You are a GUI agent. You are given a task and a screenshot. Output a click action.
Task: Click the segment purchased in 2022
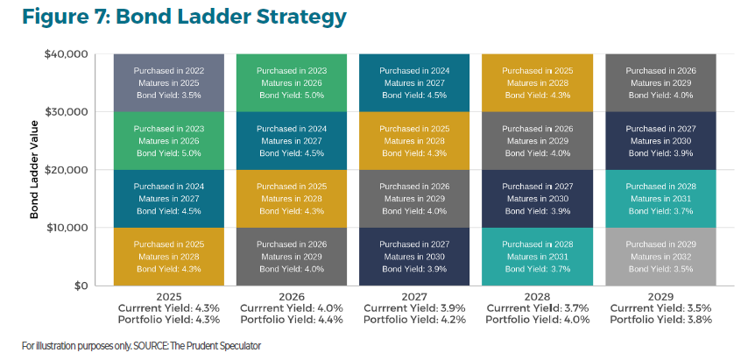[x=168, y=82]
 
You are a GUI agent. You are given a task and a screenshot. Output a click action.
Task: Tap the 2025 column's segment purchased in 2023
[x=168, y=140]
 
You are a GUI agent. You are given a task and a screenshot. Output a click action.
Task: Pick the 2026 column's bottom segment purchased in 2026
[x=291, y=257]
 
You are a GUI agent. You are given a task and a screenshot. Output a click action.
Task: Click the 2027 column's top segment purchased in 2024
[x=415, y=82]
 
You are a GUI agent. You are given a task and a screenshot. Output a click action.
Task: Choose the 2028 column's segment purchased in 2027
[x=538, y=199]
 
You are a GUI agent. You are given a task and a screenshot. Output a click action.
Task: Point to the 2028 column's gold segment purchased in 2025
[x=538, y=82]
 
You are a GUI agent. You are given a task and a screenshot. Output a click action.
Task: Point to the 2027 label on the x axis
[x=415, y=297]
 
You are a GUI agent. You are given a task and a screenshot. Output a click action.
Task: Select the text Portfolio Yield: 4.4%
[x=291, y=320]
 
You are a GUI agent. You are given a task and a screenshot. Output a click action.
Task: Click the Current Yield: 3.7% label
[x=538, y=308]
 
